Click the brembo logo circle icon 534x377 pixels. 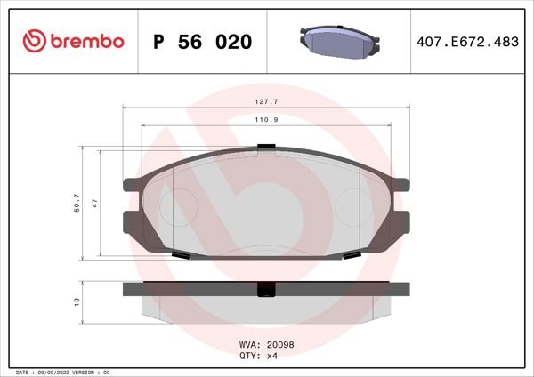point(31,41)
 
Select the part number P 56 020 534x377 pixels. point(202,42)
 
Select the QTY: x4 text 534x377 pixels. point(261,355)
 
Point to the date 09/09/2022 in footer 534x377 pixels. point(63,372)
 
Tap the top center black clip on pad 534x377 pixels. point(264,147)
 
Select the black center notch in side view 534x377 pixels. point(264,289)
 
